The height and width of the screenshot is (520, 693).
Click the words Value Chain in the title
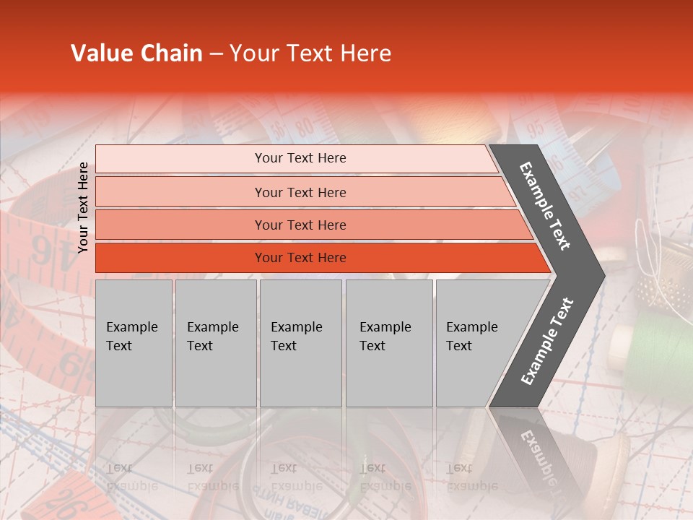click(x=136, y=53)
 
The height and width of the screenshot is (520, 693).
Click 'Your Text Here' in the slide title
click(x=310, y=53)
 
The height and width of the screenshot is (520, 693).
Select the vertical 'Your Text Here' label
click(x=83, y=207)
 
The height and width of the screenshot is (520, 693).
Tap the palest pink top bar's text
click(x=300, y=158)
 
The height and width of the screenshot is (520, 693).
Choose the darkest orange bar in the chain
click(x=300, y=258)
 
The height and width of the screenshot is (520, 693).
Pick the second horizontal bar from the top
click(x=300, y=192)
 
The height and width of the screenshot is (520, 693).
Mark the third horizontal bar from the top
click(x=300, y=225)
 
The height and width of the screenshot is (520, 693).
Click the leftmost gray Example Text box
click(x=134, y=343)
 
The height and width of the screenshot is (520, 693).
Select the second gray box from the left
click(x=215, y=343)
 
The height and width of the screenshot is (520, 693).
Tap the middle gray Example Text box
click(x=300, y=343)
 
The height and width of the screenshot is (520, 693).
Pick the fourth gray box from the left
click(x=388, y=343)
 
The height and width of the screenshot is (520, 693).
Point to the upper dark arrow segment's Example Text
click(x=545, y=206)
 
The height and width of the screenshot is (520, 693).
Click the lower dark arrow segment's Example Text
click(x=547, y=342)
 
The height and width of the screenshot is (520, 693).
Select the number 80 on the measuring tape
click(x=305, y=128)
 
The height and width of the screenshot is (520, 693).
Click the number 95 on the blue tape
click(x=536, y=129)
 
